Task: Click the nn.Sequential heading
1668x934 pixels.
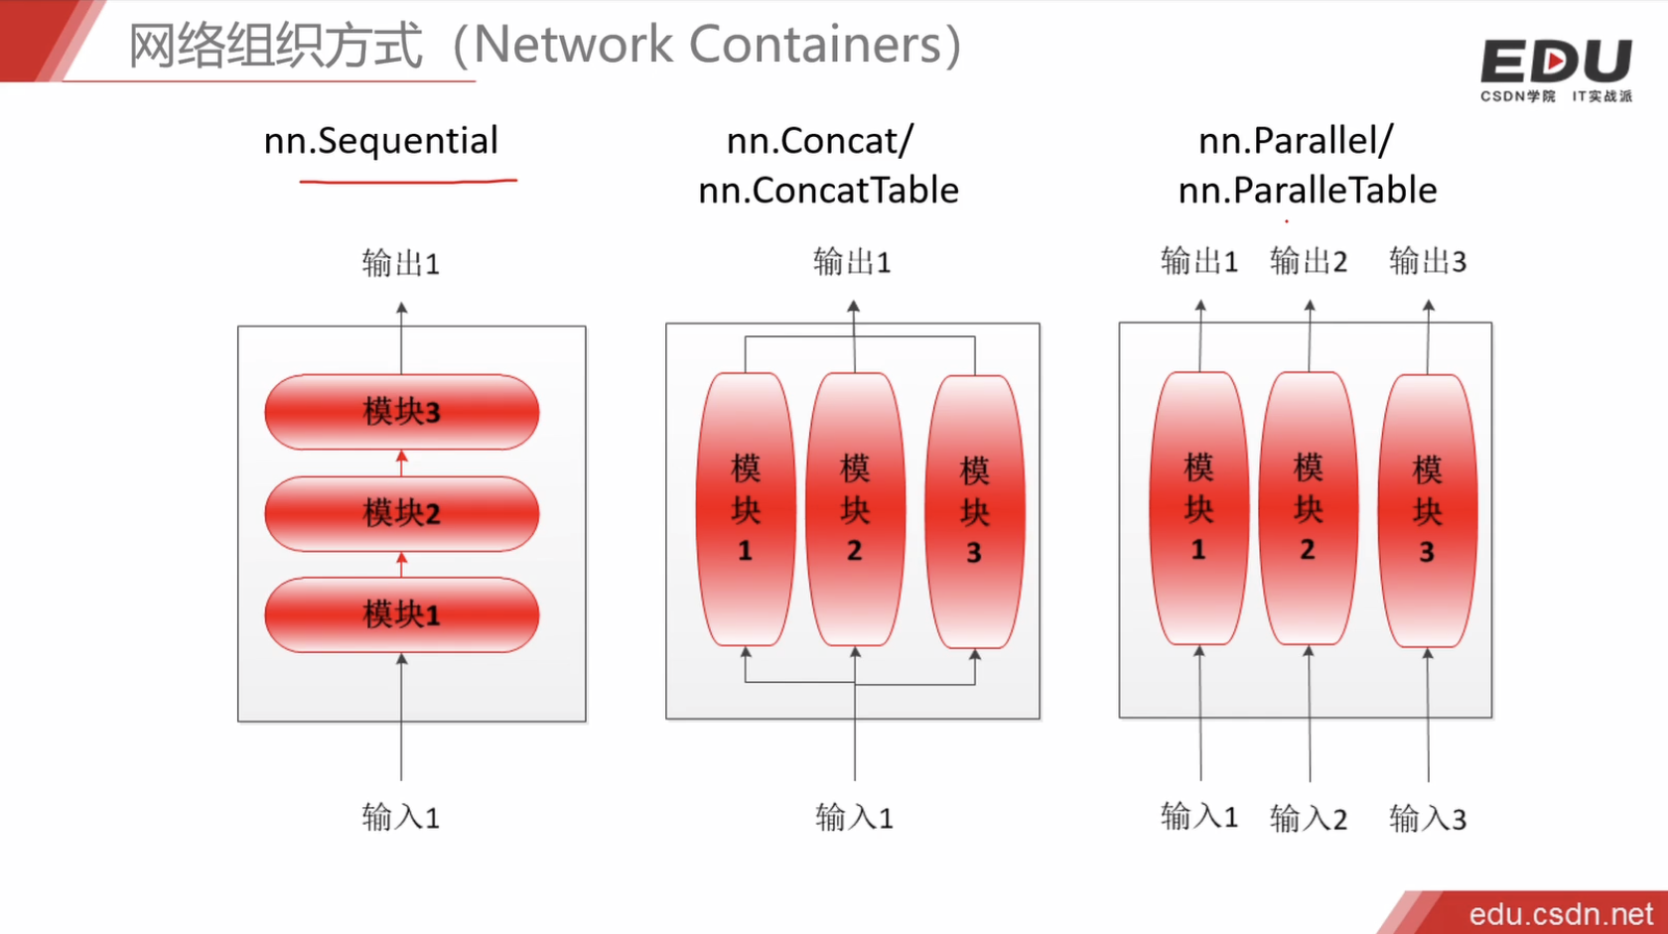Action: point(380,142)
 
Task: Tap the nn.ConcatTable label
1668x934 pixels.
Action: point(828,191)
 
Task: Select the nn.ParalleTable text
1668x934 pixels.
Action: point(1307,191)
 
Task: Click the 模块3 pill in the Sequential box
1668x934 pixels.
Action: point(401,411)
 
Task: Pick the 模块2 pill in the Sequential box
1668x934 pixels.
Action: point(401,513)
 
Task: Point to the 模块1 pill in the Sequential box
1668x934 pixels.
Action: point(401,614)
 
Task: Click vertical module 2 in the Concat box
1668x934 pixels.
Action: point(855,509)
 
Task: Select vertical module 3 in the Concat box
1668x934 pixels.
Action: point(974,512)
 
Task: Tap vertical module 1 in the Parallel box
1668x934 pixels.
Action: point(1198,508)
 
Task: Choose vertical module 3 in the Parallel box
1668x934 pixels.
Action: point(1427,510)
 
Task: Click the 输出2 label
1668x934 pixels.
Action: point(1308,262)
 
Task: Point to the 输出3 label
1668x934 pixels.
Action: point(1427,262)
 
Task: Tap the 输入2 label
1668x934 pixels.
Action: point(1308,819)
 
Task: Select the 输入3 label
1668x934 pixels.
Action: point(1427,819)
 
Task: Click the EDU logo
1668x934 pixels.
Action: point(1555,65)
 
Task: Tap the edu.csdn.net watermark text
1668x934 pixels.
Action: point(1560,913)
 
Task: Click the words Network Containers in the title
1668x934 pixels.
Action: point(706,45)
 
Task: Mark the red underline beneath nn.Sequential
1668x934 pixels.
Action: point(408,182)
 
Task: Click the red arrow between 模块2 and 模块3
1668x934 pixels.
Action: point(401,462)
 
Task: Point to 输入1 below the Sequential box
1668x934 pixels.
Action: point(400,818)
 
